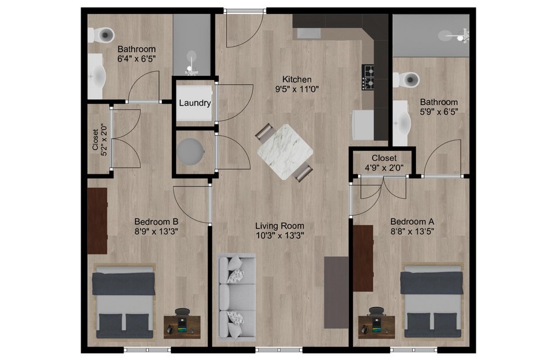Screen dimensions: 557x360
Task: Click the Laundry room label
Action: (x=195, y=103)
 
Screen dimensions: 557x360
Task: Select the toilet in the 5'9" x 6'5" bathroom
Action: (x=407, y=79)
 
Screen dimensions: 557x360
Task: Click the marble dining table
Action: (x=285, y=152)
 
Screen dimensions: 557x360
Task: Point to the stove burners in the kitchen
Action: (x=368, y=77)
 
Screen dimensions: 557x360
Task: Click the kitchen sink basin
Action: (x=309, y=33)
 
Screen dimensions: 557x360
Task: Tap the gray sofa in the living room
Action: (x=236, y=297)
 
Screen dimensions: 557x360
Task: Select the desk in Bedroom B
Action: (x=182, y=326)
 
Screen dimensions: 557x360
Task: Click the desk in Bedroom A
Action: (x=376, y=326)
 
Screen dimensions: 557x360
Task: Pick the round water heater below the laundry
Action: (x=191, y=151)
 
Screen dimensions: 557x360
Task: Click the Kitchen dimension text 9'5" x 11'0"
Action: (x=297, y=89)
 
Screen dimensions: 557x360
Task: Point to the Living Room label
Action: (x=280, y=226)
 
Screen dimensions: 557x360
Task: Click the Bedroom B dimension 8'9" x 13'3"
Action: (x=156, y=232)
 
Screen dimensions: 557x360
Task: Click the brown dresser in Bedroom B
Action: (x=97, y=221)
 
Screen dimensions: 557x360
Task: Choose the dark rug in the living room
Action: (x=336, y=292)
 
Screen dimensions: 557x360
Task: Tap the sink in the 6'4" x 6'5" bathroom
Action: (x=96, y=77)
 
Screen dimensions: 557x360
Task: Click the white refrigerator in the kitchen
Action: (x=363, y=125)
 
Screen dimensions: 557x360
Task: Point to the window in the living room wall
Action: (x=279, y=350)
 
